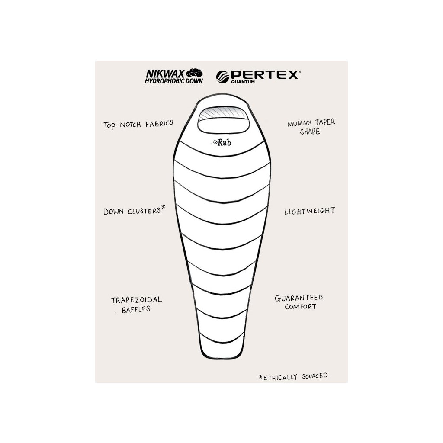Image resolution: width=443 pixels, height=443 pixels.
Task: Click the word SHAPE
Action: click(x=310, y=132)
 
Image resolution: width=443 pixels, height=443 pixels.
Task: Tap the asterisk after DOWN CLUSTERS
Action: click(x=163, y=209)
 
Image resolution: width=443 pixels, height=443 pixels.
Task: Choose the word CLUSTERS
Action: click(x=142, y=212)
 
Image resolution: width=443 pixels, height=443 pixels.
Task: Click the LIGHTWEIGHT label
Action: click(x=309, y=211)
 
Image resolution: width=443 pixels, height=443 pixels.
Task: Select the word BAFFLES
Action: click(x=136, y=310)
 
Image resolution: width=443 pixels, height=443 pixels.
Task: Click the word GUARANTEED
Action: click(x=299, y=298)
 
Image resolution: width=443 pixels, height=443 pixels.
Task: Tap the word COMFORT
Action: click(x=300, y=307)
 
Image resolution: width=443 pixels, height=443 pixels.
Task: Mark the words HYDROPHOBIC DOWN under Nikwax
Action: click(x=167, y=80)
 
